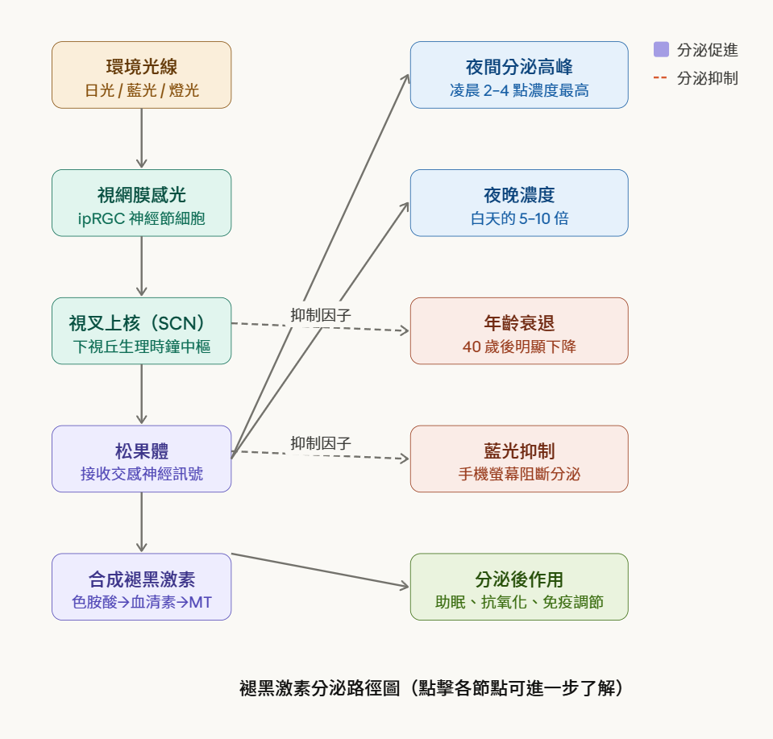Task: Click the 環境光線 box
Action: pyautogui.click(x=141, y=75)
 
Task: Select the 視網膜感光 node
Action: pyautogui.click(x=141, y=203)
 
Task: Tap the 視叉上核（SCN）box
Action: pyautogui.click(x=141, y=330)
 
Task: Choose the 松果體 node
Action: pyautogui.click(x=141, y=459)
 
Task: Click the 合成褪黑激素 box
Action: pyautogui.click(x=141, y=587)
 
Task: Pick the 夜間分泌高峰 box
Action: pyautogui.click(x=519, y=75)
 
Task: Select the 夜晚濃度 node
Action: pyautogui.click(x=519, y=203)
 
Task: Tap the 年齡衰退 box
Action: pyautogui.click(x=519, y=330)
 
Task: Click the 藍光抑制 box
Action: pyautogui.click(x=519, y=459)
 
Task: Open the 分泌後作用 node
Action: pyautogui.click(x=519, y=587)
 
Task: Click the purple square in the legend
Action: pyautogui.click(x=661, y=50)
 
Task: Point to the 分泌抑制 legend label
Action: pyautogui.click(x=707, y=78)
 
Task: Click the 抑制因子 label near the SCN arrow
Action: pyautogui.click(x=321, y=315)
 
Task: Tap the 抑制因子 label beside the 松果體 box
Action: pyautogui.click(x=321, y=443)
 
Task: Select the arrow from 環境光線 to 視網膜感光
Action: pyautogui.click(x=142, y=139)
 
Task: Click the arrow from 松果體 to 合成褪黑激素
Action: pyautogui.click(x=142, y=522)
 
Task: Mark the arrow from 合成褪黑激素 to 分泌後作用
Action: pyautogui.click(x=321, y=571)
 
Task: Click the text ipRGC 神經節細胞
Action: pyautogui.click(x=141, y=218)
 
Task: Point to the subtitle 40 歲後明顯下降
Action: pyautogui.click(x=519, y=347)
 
